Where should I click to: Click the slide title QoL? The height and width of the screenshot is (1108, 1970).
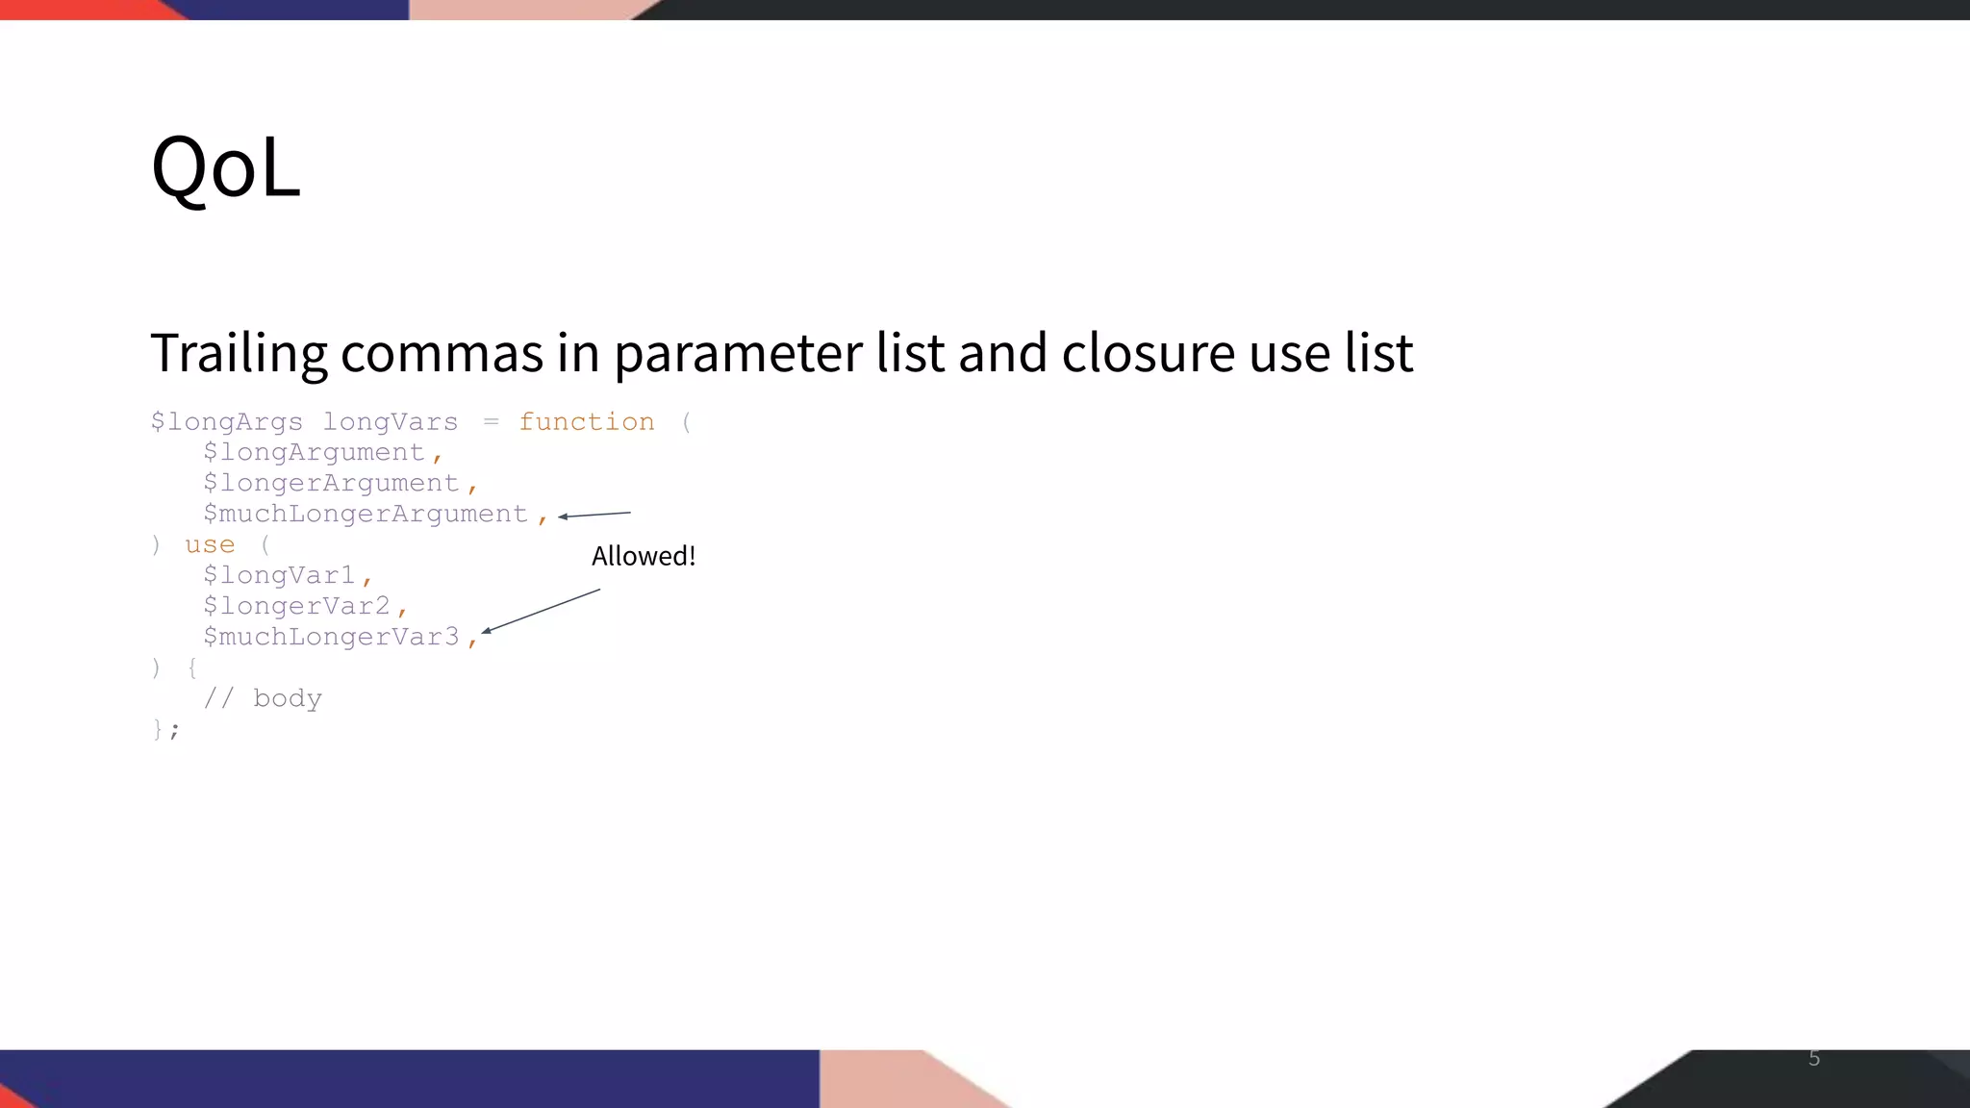tap(226, 167)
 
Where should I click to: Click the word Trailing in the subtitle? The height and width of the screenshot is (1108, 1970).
tap(239, 353)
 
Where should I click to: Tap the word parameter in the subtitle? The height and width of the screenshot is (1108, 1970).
tap(739, 353)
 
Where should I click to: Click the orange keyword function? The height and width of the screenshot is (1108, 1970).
tap(586, 422)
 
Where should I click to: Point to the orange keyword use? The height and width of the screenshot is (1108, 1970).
tap(210, 545)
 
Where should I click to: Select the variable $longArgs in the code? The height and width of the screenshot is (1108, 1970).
tap(226, 422)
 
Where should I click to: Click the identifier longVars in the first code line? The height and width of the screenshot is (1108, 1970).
tap(390, 422)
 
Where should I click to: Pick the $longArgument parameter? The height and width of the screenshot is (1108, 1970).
tap(314, 453)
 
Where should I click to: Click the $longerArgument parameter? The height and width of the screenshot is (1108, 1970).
tap(331, 484)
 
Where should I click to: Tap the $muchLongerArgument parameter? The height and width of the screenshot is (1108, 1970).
tap(366, 515)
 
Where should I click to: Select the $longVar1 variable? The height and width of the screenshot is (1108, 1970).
tap(279, 576)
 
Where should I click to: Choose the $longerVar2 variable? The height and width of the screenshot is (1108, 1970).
tap(296, 607)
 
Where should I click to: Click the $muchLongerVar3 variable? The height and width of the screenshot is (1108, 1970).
tap(331, 638)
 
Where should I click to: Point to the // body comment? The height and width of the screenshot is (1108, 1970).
tap(263, 698)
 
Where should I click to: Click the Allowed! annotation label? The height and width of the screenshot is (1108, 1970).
tap(643, 556)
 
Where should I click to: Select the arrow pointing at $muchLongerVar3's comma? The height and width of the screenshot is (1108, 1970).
tap(541, 611)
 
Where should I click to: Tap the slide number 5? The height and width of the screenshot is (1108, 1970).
tap(1814, 1058)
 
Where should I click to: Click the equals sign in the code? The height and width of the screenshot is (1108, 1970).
tap(491, 422)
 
